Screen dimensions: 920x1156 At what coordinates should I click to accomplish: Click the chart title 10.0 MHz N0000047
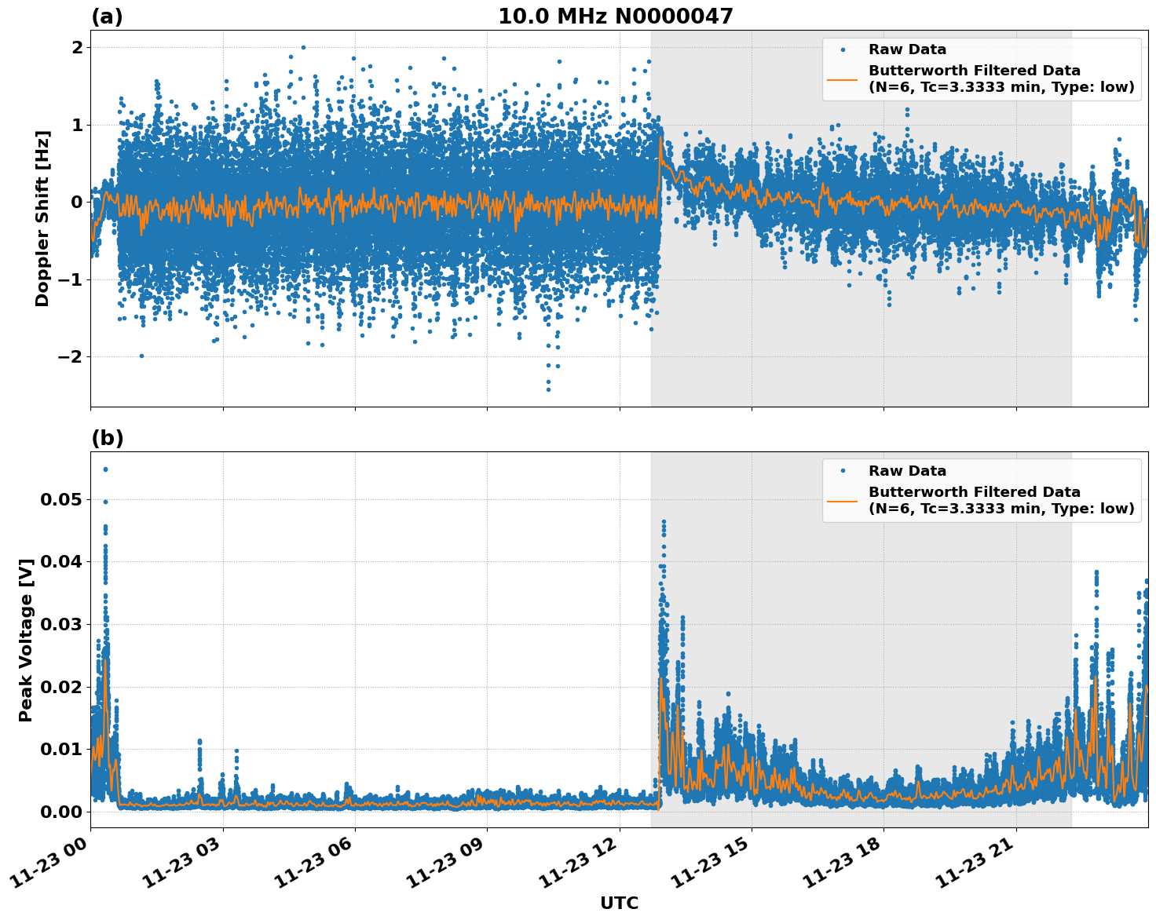pyautogui.click(x=616, y=16)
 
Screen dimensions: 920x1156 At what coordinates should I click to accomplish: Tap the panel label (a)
pyautogui.click(x=107, y=16)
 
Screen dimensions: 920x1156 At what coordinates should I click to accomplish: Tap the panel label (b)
pyautogui.click(x=107, y=438)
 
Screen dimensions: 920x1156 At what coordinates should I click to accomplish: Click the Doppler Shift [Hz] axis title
pyautogui.click(x=42, y=218)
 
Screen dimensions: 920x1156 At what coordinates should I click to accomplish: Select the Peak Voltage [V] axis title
pyautogui.click(x=26, y=640)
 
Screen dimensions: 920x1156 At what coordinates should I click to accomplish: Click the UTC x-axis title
pyautogui.click(x=619, y=904)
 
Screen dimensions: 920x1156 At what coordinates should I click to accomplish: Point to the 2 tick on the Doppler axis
pyautogui.click(x=77, y=47)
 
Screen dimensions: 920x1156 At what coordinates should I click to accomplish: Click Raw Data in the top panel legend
pyautogui.click(x=907, y=49)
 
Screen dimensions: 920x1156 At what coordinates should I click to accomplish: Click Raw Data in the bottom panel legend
pyautogui.click(x=907, y=471)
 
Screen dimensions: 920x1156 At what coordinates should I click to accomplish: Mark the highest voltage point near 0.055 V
pyautogui.click(x=105, y=469)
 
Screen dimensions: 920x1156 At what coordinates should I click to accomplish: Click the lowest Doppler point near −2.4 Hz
pyautogui.click(x=548, y=389)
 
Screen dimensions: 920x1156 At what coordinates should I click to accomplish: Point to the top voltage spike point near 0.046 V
pyautogui.click(x=664, y=521)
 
